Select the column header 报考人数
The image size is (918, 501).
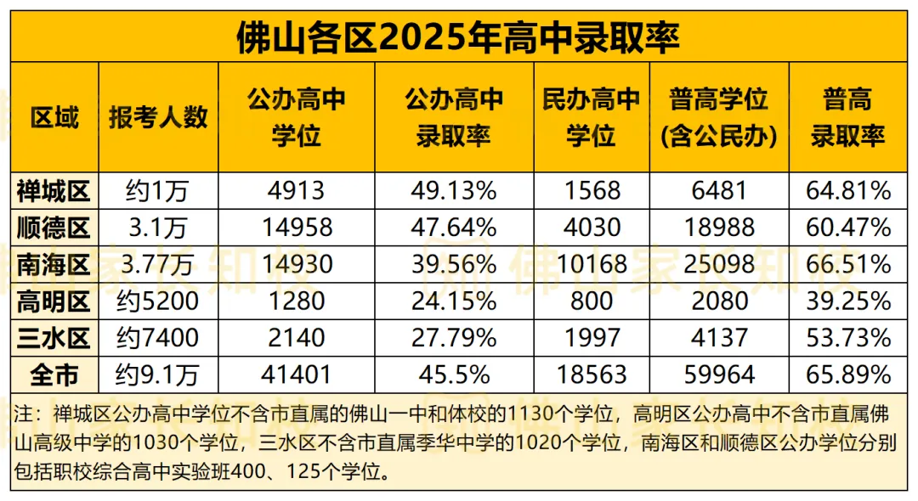tap(158, 117)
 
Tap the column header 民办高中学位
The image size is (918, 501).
tap(591, 117)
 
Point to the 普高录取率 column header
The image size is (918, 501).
tap(847, 117)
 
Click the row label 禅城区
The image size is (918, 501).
tap(54, 190)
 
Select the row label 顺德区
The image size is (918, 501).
tap(54, 227)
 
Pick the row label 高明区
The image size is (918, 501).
tap(54, 301)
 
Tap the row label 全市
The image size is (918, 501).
tap(54, 374)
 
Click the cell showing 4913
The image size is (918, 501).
tap(296, 190)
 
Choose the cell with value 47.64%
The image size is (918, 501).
tap(454, 227)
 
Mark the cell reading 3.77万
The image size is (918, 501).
tap(158, 264)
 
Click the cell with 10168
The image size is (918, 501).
tap(591, 264)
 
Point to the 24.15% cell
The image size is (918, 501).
tap(454, 301)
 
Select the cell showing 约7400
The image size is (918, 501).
tap(158, 338)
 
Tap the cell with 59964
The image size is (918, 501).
tap(719, 374)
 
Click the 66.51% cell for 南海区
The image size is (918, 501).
tap(847, 264)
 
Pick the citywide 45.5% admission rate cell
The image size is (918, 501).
tap(454, 374)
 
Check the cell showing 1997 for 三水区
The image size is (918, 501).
tap(591, 338)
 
